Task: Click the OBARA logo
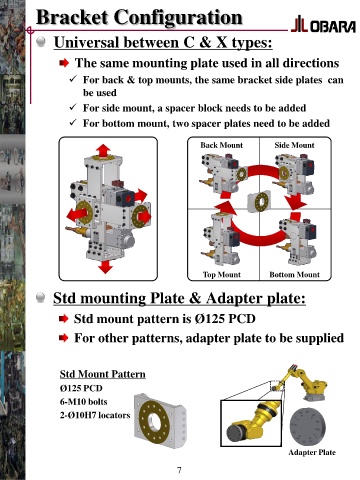coord(323,25)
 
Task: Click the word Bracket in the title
coord(72,17)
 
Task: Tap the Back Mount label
coord(222,145)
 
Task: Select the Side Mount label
coord(294,145)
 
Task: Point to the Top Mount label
coord(222,275)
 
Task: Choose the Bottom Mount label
coord(294,275)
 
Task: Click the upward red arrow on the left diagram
coord(104,150)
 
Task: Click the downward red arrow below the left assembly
coord(106,267)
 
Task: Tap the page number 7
coord(179,470)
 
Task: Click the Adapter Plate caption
coord(312,452)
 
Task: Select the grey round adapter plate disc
coord(308,426)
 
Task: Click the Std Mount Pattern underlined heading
coord(103,374)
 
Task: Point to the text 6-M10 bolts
coord(84,402)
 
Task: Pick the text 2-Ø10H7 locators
coord(95,415)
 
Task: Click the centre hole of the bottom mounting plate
coord(154,421)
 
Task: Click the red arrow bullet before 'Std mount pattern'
coord(63,319)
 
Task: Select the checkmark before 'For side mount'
coord(73,107)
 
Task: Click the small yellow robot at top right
coord(301,382)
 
